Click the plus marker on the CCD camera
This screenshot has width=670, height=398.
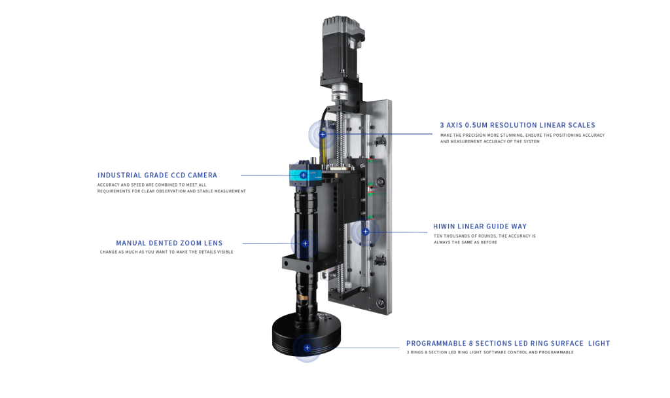pyautogui.click(x=303, y=175)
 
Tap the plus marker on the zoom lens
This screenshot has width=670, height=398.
pyautogui.click(x=305, y=244)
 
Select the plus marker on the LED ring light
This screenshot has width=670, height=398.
pyautogui.click(x=307, y=348)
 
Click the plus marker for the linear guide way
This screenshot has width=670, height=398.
pyautogui.click(x=365, y=231)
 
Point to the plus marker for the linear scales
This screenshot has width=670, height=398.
pyautogui.click(x=323, y=134)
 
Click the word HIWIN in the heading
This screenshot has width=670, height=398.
pyautogui.click(x=444, y=226)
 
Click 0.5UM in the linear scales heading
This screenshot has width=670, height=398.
pyautogui.click(x=476, y=125)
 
